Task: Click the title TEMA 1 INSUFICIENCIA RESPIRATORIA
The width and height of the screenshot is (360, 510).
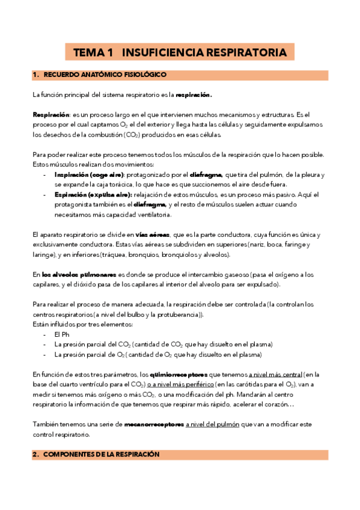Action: tap(180, 53)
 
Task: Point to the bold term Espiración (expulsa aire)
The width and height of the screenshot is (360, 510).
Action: tap(82, 195)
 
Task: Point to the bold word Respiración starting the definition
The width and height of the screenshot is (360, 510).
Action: tap(51, 114)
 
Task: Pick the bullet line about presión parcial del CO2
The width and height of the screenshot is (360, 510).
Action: tap(163, 345)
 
